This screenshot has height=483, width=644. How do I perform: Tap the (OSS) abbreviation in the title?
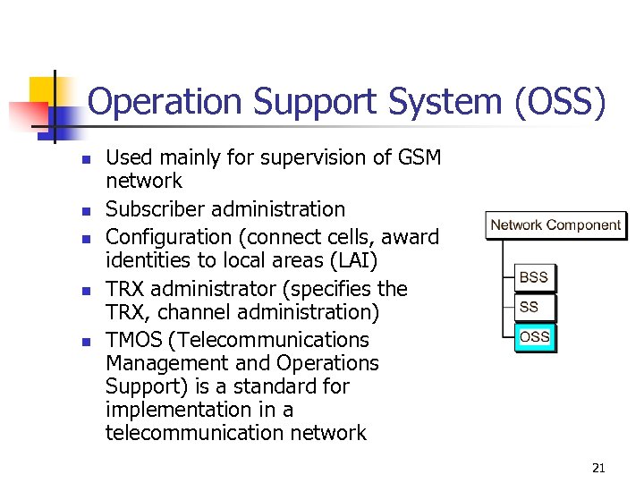point(560,103)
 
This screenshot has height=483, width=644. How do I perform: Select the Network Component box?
point(555,225)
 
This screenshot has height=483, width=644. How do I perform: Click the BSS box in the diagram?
point(534,277)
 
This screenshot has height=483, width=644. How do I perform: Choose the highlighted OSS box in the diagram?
point(535,336)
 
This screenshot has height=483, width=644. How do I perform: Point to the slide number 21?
point(598,468)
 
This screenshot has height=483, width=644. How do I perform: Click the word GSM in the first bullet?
point(419,157)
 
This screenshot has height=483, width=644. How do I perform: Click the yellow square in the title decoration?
point(43,90)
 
